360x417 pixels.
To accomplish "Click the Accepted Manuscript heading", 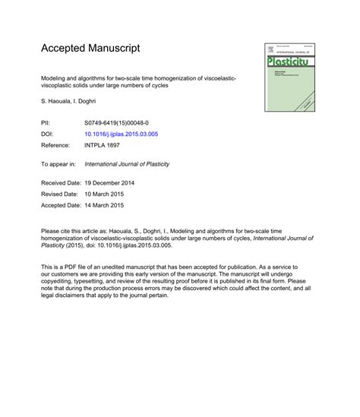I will coord(90,48).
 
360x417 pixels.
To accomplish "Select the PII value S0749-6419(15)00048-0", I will coord(117,122).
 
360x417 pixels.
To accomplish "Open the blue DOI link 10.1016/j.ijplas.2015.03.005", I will coord(121,133).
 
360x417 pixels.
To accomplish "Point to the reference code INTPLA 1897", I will coord(104,144).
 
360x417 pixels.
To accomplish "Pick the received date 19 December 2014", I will coord(108,184).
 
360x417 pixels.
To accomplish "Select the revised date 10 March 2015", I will coord(103,194).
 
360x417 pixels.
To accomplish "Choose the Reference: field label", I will coord(57,144).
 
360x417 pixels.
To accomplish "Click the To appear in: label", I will coord(58,163).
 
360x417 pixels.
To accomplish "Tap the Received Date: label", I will coord(61,184).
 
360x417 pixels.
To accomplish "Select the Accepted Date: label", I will coord(61,204).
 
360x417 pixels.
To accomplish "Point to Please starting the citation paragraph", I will coord(51,229).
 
